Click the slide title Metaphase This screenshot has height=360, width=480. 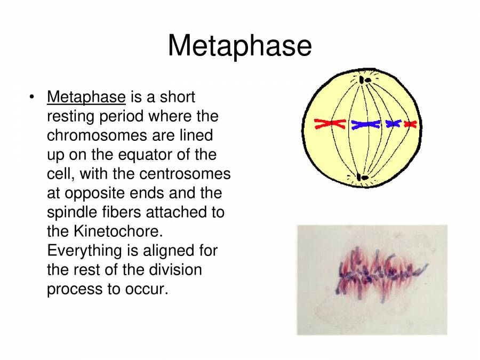(x=239, y=46)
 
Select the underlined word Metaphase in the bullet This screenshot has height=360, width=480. (x=86, y=98)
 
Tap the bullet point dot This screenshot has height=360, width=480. (x=31, y=98)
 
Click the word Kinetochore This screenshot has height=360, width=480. (x=118, y=231)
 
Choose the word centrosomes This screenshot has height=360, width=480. (x=185, y=174)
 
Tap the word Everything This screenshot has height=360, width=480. (x=84, y=251)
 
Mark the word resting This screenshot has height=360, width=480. (x=70, y=117)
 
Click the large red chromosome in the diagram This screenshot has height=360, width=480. (x=330, y=124)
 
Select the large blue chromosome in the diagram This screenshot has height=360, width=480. (x=365, y=124)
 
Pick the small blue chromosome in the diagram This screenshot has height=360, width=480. (x=394, y=124)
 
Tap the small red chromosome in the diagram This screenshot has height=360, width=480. (x=411, y=124)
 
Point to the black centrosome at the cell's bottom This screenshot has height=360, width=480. (x=363, y=178)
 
